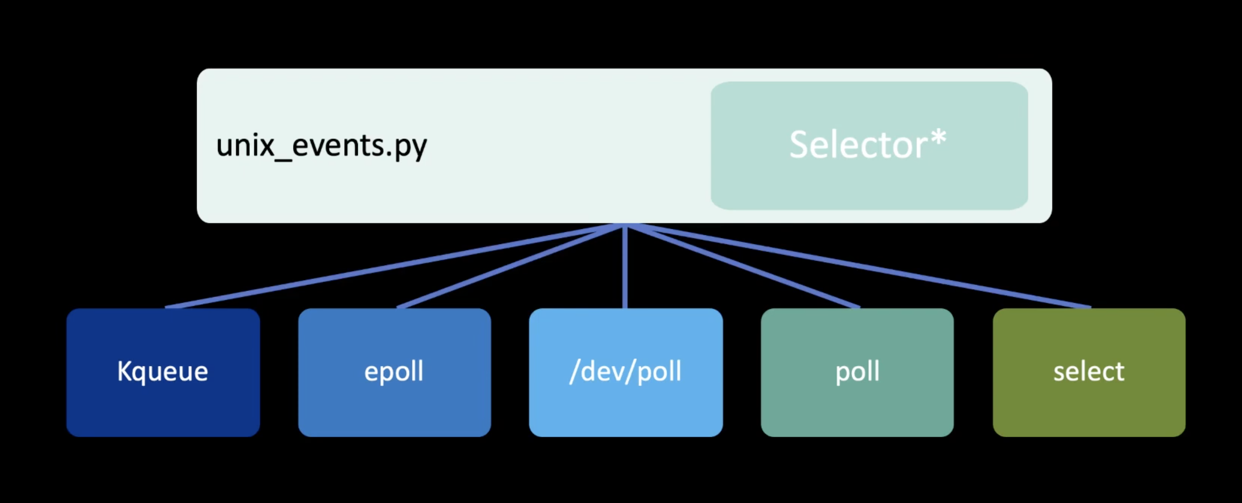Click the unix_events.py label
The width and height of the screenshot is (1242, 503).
(321, 146)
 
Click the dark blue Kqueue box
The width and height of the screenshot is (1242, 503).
(163, 406)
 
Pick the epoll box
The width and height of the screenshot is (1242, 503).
(394, 406)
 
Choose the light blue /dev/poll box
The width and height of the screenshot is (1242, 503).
(626, 406)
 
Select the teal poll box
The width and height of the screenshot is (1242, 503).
(857, 406)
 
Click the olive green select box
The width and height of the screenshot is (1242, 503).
(1088, 406)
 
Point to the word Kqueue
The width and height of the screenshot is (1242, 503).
(162, 372)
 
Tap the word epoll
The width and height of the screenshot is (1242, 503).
(393, 372)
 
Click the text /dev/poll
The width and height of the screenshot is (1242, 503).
(626, 372)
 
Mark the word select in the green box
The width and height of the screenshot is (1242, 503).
(1088, 372)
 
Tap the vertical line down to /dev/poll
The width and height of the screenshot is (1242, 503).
(625, 274)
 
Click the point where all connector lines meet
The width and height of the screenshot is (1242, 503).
(625, 227)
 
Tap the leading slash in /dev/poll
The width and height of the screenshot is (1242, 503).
(574, 372)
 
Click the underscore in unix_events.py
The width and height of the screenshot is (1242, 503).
(283, 160)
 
